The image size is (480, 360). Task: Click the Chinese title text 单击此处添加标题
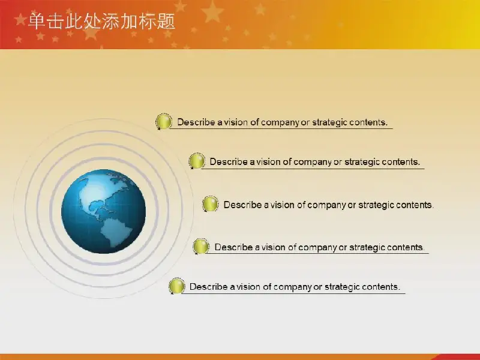[x=101, y=22]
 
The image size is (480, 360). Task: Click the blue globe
[x=103, y=211]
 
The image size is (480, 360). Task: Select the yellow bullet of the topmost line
[x=164, y=121]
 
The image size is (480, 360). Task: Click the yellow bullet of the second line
[x=197, y=161]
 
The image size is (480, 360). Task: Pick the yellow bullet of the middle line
[x=211, y=204]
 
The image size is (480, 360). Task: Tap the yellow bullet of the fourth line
[x=201, y=246]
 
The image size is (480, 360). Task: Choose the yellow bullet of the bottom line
[x=176, y=286]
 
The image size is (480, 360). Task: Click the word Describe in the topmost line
[x=196, y=122]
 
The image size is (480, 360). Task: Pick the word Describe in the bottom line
[x=208, y=287]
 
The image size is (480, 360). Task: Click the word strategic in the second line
[x=362, y=162]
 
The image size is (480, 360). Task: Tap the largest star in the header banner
[x=212, y=11]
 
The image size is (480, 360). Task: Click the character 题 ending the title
[x=166, y=22]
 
